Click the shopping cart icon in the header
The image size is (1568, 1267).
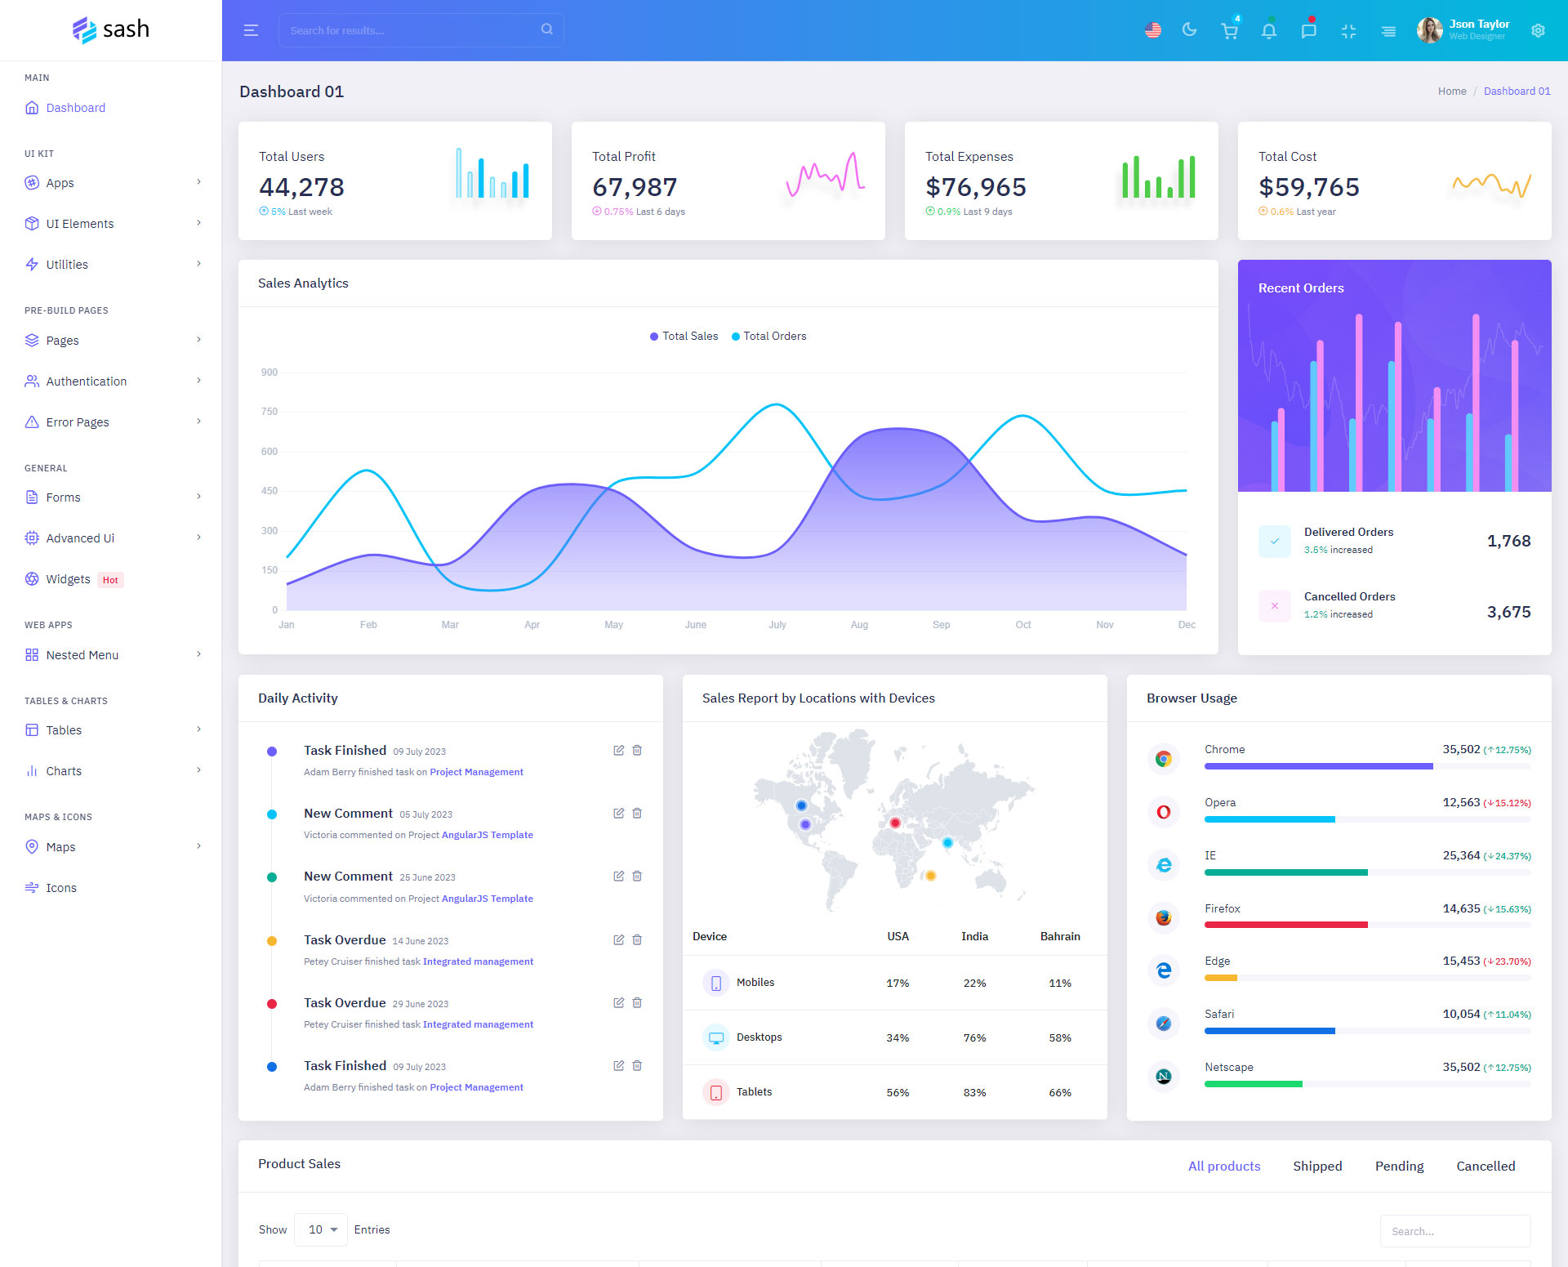pyautogui.click(x=1229, y=31)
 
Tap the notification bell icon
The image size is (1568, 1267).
pyautogui.click(x=1268, y=31)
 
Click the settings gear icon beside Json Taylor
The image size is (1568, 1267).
pyautogui.click(x=1538, y=30)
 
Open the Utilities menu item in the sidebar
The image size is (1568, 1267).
pyautogui.click(x=67, y=265)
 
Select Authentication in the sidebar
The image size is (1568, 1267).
pyautogui.click(x=86, y=381)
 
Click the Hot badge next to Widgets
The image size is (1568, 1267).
pyautogui.click(x=110, y=580)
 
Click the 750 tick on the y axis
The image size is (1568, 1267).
pyautogui.click(x=269, y=412)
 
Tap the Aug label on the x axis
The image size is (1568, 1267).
pyautogui.click(x=859, y=625)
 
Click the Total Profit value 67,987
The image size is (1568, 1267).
pyautogui.click(x=635, y=187)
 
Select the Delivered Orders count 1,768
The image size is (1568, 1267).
pyautogui.click(x=1508, y=541)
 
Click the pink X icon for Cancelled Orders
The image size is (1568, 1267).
pyautogui.click(x=1275, y=606)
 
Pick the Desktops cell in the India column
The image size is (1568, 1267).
pyautogui.click(x=974, y=1038)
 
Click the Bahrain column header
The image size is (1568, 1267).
pyautogui.click(x=1060, y=937)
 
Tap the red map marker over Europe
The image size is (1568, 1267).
pyautogui.click(x=895, y=823)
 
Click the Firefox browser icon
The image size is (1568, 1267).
pyautogui.click(x=1164, y=917)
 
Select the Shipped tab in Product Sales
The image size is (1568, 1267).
pyautogui.click(x=1317, y=1167)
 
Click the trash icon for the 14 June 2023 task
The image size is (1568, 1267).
pyautogui.click(x=637, y=940)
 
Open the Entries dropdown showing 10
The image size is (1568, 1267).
pyautogui.click(x=322, y=1230)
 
